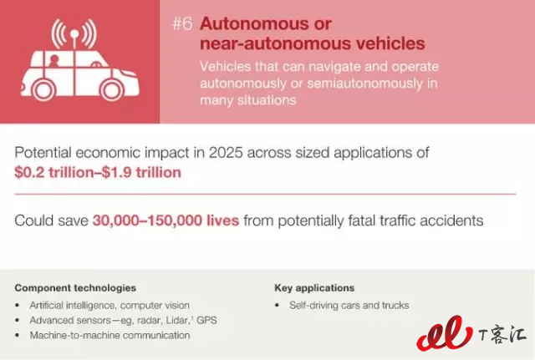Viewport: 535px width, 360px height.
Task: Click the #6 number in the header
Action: [182, 24]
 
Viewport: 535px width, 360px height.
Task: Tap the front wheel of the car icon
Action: [111, 90]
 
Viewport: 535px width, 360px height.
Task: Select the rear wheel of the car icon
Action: [43, 90]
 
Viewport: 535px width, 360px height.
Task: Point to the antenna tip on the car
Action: [74, 33]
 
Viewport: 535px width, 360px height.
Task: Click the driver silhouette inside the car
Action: [53, 61]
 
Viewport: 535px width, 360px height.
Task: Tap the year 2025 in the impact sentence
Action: [226, 153]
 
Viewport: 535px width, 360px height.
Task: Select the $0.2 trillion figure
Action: [53, 172]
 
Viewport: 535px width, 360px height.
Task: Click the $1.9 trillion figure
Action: [141, 172]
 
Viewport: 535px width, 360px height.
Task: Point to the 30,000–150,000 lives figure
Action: [166, 221]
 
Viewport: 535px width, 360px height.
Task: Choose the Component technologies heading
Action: [75, 288]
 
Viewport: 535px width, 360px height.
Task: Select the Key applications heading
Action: [314, 288]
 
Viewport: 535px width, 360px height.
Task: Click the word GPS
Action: [206, 321]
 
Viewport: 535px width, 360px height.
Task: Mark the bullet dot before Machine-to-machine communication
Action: [18, 336]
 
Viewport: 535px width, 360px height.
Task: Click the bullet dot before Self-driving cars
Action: [277, 306]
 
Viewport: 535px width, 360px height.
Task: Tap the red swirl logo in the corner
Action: [444, 333]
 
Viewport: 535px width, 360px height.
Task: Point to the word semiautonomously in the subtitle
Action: [364, 84]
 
